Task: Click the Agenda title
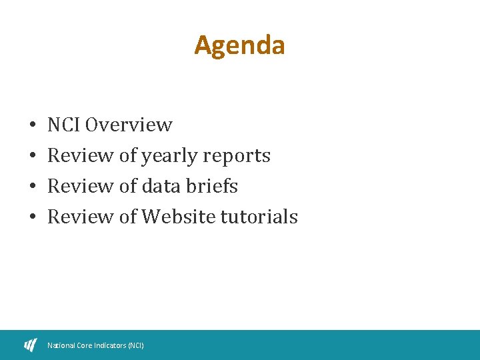(239, 45)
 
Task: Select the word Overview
(129, 125)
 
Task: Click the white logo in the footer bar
(31, 345)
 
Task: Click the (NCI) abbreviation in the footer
(135, 345)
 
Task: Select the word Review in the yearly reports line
(81, 156)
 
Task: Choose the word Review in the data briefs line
(81, 186)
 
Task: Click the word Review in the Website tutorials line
(81, 217)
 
